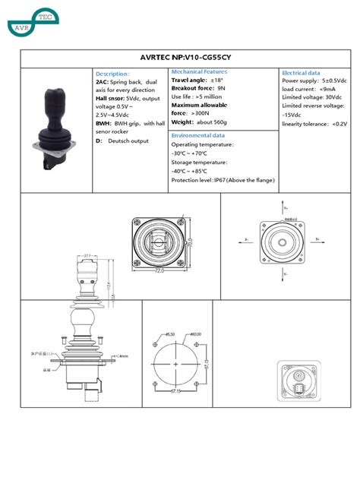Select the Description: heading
pyautogui.click(x=113, y=74)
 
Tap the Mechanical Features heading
pyautogui.click(x=200, y=71)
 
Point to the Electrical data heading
pyautogui.click(x=301, y=72)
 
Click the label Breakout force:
pyautogui.click(x=192, y=89)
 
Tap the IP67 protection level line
pyautogui.click(x=223, y=180)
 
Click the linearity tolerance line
pyautogui.click(x=314, y=123)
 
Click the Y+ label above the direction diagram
pyautogui.click(x=285, y=207)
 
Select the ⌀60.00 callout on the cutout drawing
pyautogui.click(x=194, y=334)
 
